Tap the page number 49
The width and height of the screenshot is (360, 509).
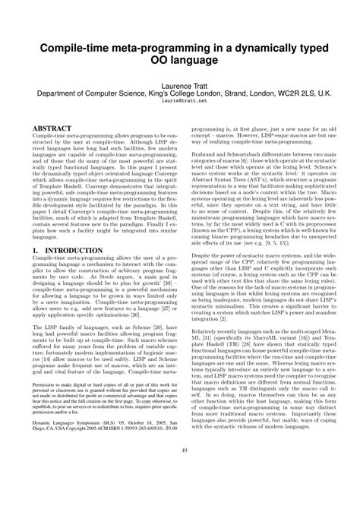click(x=181, y=494)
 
